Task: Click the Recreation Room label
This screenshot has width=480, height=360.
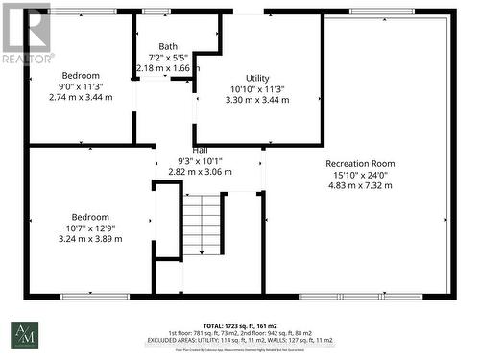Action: pos(360,163)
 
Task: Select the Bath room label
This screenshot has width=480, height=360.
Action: pos(168,45)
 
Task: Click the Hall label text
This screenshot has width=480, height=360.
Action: pos(200,150)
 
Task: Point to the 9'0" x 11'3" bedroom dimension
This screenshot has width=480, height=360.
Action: pos(73,86)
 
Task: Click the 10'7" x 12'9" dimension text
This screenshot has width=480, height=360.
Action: pos(86,228)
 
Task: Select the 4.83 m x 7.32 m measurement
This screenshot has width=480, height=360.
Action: pos(360,185)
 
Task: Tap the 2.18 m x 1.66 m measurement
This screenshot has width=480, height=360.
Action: pos(168,68)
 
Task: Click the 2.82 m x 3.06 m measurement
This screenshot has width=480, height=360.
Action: pos(200,172)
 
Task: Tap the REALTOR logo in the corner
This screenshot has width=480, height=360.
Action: pos(26,34)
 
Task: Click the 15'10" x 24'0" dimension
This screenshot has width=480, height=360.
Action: pos(360,175)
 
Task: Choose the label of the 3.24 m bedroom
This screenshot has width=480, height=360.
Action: pos(86,217)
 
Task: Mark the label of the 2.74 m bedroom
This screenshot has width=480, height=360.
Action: pos(73,75)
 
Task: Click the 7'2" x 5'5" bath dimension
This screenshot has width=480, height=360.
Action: pos(168,57)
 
